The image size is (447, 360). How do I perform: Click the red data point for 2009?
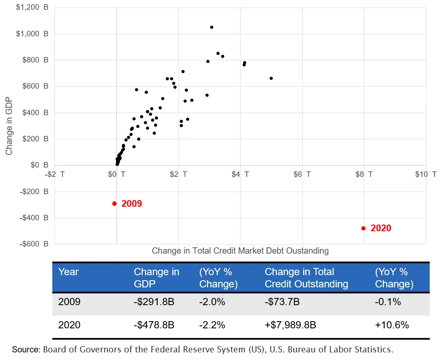[x=114, y=203]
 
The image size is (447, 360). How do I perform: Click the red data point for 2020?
[x=363, y=228]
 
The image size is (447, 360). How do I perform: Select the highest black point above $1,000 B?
[x=211, y=27]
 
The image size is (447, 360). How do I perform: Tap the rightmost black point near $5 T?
[x=271, y=78]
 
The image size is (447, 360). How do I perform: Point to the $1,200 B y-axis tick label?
[x=32, y=7]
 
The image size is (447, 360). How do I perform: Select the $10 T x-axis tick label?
[x=425, y=174]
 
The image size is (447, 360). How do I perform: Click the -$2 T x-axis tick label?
[x=56, y=174]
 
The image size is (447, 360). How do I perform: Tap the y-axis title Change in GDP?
[x=9, y=126]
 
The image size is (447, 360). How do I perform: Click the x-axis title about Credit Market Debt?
[x=240, y=251]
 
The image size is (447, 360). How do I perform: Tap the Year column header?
[x=68, y=272]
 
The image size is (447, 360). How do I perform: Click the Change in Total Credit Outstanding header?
[x=306, y=278]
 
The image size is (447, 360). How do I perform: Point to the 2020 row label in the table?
[x=69, y=325]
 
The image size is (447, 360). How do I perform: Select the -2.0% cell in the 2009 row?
[x=212, y=302]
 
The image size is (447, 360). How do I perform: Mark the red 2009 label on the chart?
[x=132, y=204]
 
